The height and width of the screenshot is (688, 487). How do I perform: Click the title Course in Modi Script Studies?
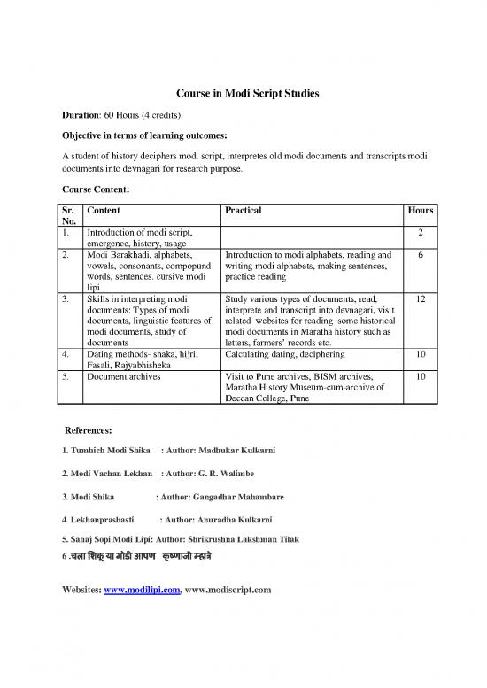(243, 96)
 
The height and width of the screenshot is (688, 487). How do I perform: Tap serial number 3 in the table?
(67, 300)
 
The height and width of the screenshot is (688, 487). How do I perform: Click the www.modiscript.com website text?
(227, 588)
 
